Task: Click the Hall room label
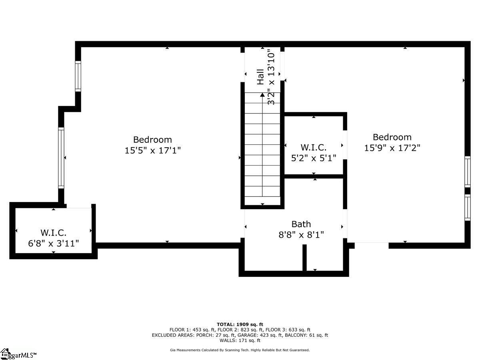pos(260,77)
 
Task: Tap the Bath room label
pos(301,224)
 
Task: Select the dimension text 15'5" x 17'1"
pos(152,151)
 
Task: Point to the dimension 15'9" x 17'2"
pos(392,148)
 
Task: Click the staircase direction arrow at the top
pos(262,95)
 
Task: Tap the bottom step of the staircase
pos(262,201)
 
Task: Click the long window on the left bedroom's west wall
pos(61,158)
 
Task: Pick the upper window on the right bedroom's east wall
pos(467,171)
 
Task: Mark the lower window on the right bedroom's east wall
pos(467,207)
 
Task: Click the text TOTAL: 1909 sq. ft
pos(240,324)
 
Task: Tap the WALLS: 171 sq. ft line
pos(240,340)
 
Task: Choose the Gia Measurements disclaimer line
pos(240,350)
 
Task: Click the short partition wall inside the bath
pos(304,258)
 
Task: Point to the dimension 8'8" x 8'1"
pos(301,234)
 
